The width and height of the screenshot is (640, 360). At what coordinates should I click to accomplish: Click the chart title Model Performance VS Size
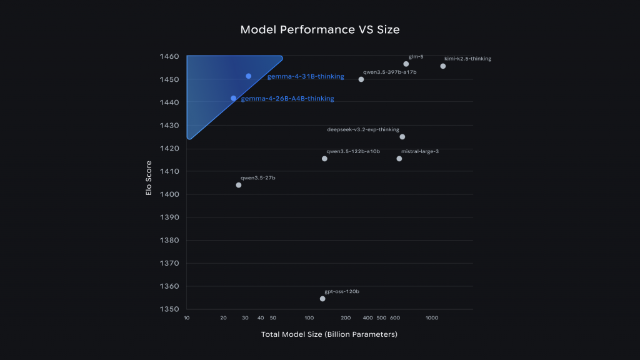tap(319, 30)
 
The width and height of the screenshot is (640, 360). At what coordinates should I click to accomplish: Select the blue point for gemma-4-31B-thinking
tap(248, 76)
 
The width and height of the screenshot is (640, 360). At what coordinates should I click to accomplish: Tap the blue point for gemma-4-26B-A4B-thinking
tap(234, 98)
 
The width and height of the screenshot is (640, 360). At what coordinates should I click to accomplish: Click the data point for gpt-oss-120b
tap(322, 299)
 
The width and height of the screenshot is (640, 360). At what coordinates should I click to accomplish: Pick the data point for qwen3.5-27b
tap(239, 185)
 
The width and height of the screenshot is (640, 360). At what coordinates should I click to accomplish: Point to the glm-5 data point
tap(406, 64)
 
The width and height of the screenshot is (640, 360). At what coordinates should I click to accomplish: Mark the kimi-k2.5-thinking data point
tap(443, 66)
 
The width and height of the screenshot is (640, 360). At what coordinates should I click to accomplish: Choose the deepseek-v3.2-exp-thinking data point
tap(402, 137)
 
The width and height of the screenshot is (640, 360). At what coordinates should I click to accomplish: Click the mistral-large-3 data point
tap(399, 159)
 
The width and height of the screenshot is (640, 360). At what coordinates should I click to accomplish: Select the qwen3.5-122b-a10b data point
tap(324, 159)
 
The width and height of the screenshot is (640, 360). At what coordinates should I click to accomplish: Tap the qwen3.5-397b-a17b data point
tap(361, 79)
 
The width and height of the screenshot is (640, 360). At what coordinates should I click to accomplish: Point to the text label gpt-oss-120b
tap(342, 292)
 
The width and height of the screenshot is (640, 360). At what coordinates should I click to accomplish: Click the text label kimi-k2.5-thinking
tap(467, 59)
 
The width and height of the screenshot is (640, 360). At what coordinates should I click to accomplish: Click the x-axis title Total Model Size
tap(329, 335)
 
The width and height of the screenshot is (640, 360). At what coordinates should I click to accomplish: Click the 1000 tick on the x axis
tap(432, 318)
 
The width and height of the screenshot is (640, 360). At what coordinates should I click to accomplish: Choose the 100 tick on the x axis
tap(309, 318)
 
